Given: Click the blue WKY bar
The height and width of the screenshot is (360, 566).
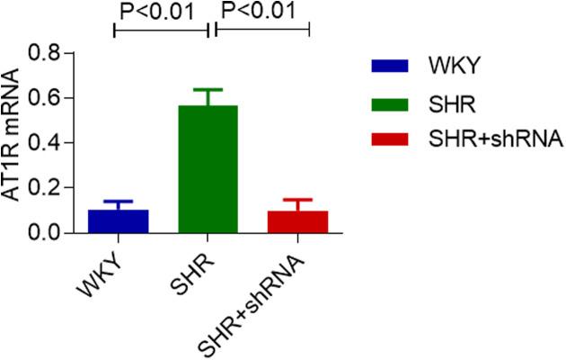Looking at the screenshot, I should pyautogui.click(x=119, y=220).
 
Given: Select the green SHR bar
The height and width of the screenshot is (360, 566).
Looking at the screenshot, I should pyautogui.click(x=208, y=169).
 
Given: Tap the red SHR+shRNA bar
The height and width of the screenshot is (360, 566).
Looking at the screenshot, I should pyautogui.click(x=296, y=221).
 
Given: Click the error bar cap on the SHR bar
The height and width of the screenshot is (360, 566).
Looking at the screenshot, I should pyautogui.click(x=208, y=90).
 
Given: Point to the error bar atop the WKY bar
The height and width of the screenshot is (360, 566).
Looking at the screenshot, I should pyautogui.click(x=119, y=203).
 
